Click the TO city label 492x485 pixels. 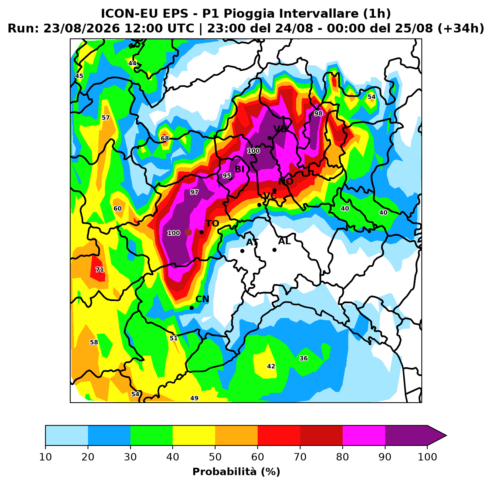click(212, 223)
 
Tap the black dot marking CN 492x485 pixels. click(191, 308)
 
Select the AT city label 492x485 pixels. click(252, 242)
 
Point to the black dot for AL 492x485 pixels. click(274, 250)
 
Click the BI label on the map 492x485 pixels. click(239, 169)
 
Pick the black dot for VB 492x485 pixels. click(269, 138)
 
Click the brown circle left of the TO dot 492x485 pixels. click(188, 232)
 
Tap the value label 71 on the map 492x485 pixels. click(99, 270)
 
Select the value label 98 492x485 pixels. click(318, 113)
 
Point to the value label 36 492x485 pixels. click(303, 358)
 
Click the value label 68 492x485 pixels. click(165, 139)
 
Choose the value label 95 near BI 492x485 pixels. click(227, 175)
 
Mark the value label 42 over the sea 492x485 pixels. click(271, 366)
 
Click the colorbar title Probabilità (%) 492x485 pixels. click(236, 471)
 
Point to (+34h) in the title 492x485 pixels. click(461, 28)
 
